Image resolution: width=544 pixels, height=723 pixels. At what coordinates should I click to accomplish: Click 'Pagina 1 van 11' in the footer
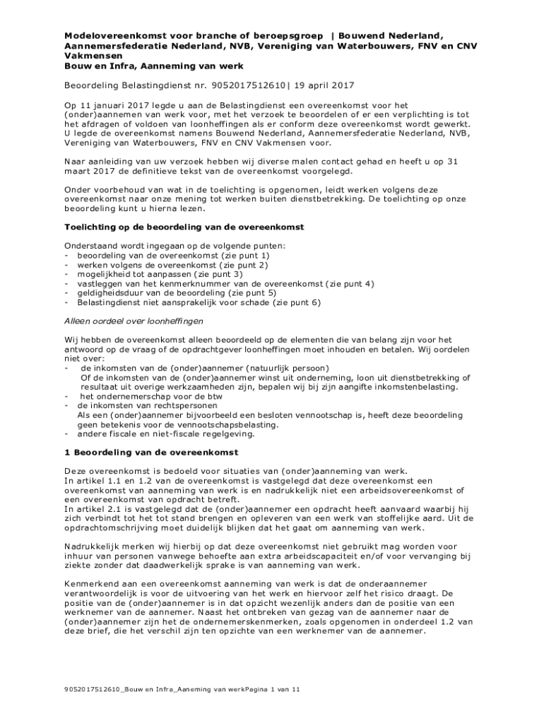(x=273, y=690)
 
